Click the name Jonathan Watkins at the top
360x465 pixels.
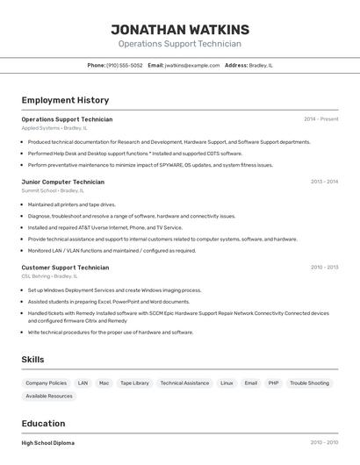(180, 29)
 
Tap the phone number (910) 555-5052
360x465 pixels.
(125, 65)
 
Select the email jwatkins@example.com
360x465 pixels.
(192, 65)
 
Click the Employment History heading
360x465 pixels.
(65, 100)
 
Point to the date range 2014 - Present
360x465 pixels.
(320, 119)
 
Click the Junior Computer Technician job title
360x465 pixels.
(62, 182)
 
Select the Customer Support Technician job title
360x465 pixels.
(65, 268)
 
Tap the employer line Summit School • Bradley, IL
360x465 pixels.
(53, 190)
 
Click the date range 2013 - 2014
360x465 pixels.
(324, 182)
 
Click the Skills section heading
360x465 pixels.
(32, 360)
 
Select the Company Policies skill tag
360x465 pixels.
(46, 383)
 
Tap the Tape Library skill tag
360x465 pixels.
(134, 383)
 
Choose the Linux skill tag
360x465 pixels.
(227, 383)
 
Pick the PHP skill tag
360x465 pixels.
(273, 383)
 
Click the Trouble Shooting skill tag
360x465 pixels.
(309, 383)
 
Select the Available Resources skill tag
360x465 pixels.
(49, 397)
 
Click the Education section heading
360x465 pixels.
(43, 423)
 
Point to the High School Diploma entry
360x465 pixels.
(48, 443)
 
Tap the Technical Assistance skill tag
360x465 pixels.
(184, 383)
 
